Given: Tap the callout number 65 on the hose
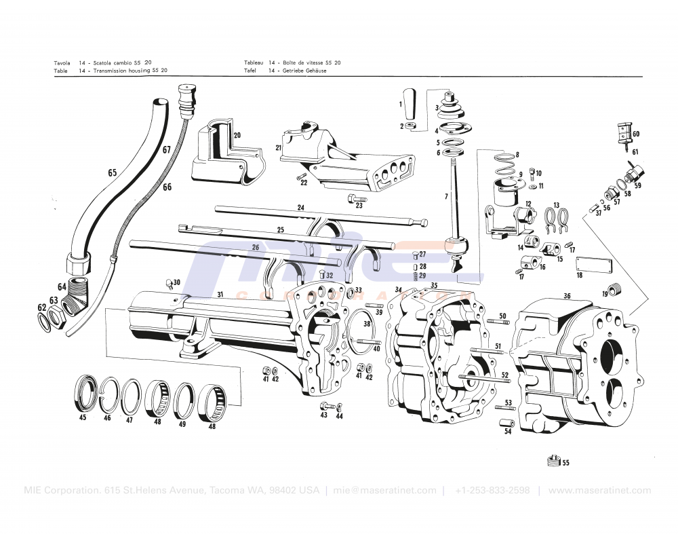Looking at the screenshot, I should click(x=112, y=173).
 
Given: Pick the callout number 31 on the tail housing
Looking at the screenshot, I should click(x=220, y=294).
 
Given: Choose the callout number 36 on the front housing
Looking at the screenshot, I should click(x=567, y=295).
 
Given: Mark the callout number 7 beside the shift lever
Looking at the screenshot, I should click(x=446, y=196).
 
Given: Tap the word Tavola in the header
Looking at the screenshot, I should click(x=62, y=62).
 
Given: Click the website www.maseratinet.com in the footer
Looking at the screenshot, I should click(x=599, y=491).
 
